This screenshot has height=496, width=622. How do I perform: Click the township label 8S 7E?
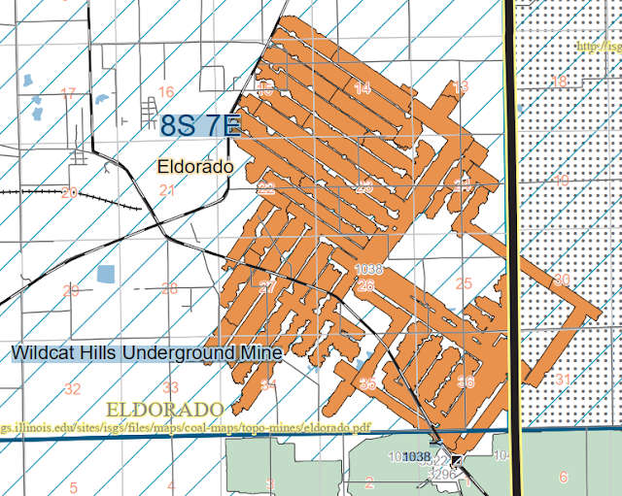click(197, 125)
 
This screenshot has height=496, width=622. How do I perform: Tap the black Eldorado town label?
click(195, 167)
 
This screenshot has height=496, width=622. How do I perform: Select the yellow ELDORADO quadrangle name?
click(166, 408)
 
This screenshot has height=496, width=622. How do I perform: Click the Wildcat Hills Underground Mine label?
click(147, 352)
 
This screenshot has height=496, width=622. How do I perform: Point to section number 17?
click(67, 94)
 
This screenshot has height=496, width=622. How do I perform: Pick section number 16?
click(166, 92)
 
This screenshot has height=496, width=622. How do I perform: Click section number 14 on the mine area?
click(363, 88)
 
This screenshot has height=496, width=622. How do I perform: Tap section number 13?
click(461, 87)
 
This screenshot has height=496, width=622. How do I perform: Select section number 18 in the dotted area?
click(559, 82)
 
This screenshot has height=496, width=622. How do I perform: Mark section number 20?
click(68, 192)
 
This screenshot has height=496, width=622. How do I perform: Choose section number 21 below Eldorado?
click(166, 190)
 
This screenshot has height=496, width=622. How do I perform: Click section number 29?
click(70, 290)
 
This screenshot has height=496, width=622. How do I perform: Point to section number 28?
click(169, 288)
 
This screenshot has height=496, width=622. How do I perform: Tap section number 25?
click(463, 283)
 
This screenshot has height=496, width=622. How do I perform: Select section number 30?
click(562, 280)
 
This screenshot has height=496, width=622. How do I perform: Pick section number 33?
click(170, 387)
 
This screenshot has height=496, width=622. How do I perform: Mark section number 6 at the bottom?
click(563, 477)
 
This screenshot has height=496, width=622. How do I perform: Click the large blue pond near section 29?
click(106, 276)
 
